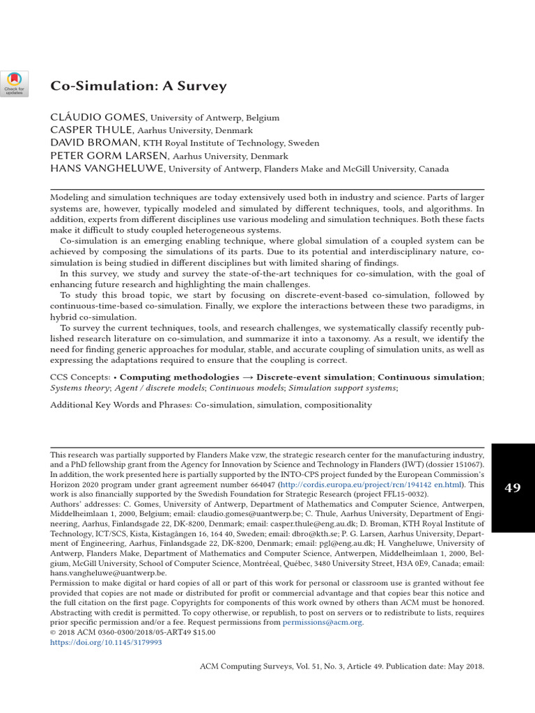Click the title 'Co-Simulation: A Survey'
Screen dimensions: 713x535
139,86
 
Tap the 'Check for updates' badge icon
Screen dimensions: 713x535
14,83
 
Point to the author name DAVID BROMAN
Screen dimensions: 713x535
90,143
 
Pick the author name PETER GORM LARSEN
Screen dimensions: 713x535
109,156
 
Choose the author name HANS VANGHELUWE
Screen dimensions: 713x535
107,169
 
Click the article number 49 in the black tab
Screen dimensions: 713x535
513,488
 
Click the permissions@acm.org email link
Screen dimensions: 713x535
323,622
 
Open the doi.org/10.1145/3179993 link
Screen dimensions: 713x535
106,642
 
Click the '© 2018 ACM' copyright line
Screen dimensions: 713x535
77,632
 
